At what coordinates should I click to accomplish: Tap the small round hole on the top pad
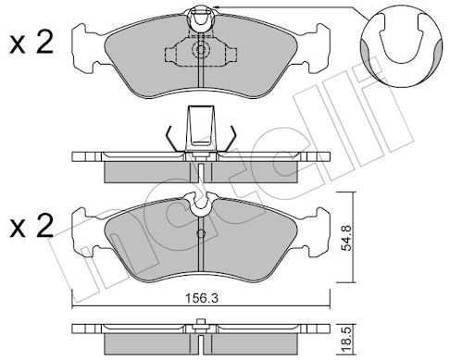(x=200, y=51)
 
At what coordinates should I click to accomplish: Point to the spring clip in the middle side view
(x=200, y=130)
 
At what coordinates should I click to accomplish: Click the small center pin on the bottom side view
(x=200, y=324)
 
